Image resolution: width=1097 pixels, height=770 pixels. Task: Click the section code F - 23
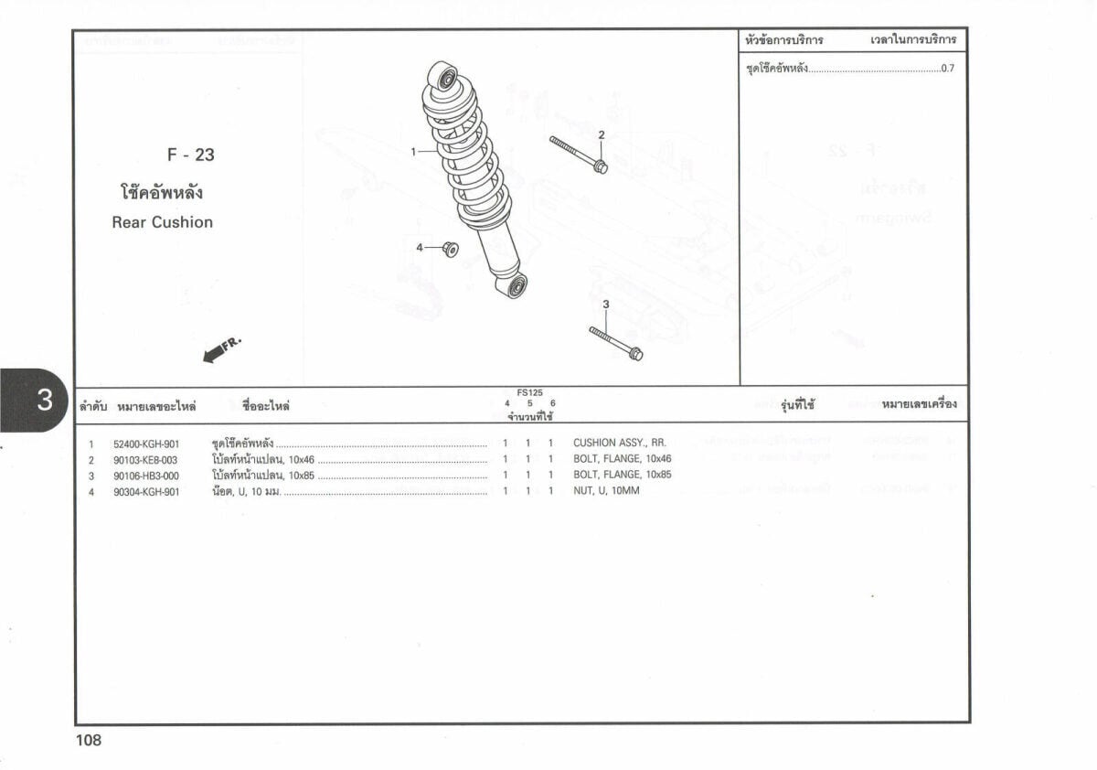pyautogui.click(x=191, y=155)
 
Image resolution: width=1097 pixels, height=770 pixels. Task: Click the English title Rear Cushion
pyautogui.click(x=163, y=222)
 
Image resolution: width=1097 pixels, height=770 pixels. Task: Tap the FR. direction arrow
pyautogui.click(x=220, y=349)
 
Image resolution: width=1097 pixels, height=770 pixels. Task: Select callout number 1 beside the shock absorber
pyautogui.click(x=414, y=152)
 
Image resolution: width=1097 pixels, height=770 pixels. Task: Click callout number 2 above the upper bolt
pyautogui.click(x=602, y=135)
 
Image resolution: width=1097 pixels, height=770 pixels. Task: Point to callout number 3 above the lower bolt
pyautogui.click(x=605, y=305)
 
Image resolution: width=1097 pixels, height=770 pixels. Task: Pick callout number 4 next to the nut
pyautogui.click(x=420, y=248)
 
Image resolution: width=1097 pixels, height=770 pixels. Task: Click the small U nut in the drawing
pyautogui.click(x=450, y=249)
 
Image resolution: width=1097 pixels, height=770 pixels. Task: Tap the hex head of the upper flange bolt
pyautogui.click(x=600, y=166)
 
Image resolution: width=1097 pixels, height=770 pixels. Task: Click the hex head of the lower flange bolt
pyautogui.click(x=635, y=353)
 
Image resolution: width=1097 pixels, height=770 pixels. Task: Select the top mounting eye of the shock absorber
pyautogui.click(x=446, y=78)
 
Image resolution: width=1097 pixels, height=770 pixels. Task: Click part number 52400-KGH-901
pyautogui.click(x=146, y=444)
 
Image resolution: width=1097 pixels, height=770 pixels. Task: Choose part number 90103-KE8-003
pyautogui.click(x=145, y=459)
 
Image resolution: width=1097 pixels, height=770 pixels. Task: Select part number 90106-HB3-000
pyautogui.click(x=145, y=476)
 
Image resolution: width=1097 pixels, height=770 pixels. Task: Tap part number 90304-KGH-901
pyautogui.click(x=146, y=492)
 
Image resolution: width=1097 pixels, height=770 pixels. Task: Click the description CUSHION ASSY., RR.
pyautogui.click(x=619, y=443)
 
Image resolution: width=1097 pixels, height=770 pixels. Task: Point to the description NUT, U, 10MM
pyautogui.click(x=606, y=491)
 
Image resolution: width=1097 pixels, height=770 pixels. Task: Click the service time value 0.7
pyautogui.click(x=947, y=70)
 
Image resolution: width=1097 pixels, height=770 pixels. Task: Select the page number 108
pyautogui.click(x=89, y=741)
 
